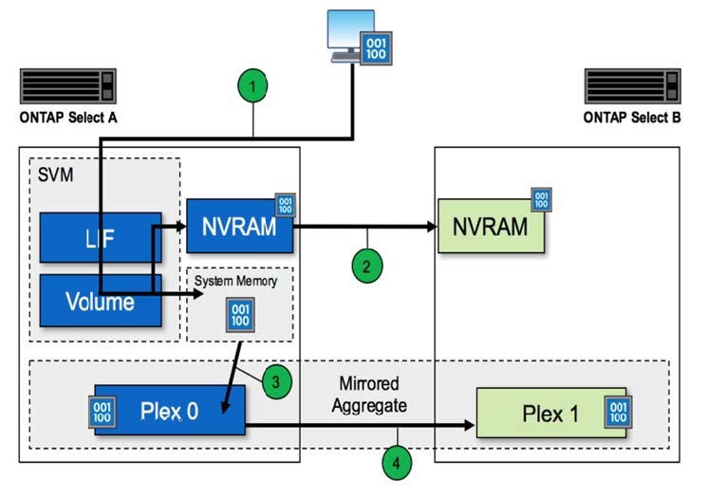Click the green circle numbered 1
(x=252, y=88)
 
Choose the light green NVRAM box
(x=491, y=227)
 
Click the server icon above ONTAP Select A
(x=67, y=85)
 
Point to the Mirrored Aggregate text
(x=372, y=394)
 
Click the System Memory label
(x=237, y=281)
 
